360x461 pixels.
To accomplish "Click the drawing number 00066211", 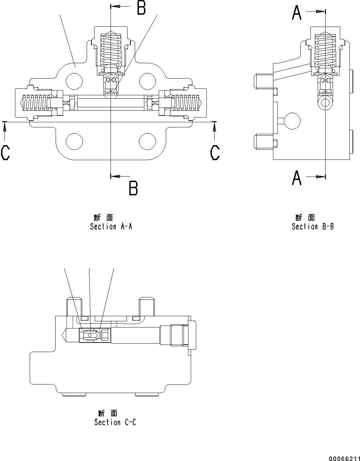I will coord(344,458).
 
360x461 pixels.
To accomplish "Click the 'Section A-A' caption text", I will coord(111,226).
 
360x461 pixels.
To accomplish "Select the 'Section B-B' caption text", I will coord(313,226).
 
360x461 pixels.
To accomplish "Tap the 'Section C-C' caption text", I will coord(115,422).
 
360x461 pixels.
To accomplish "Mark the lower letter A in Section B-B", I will coord(297,178).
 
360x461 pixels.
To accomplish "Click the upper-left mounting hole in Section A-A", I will coord(74,81).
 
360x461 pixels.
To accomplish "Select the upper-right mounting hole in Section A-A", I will coord(148,81).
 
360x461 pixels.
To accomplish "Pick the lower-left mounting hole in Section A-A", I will coord(74,141).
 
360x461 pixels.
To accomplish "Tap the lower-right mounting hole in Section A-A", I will coord(148,141).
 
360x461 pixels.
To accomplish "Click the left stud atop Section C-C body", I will coord(74,306).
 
